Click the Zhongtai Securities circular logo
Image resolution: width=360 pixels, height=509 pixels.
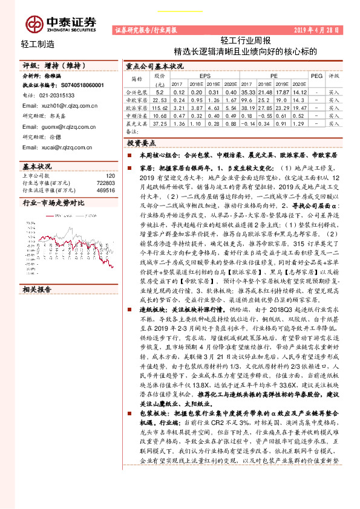pyautogui.click(x=35, y=23)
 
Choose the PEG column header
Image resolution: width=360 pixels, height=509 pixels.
pyautogui.click(x=316, y=77)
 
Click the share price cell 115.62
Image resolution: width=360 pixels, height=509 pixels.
pyautogui.click(x=160, y=107)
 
